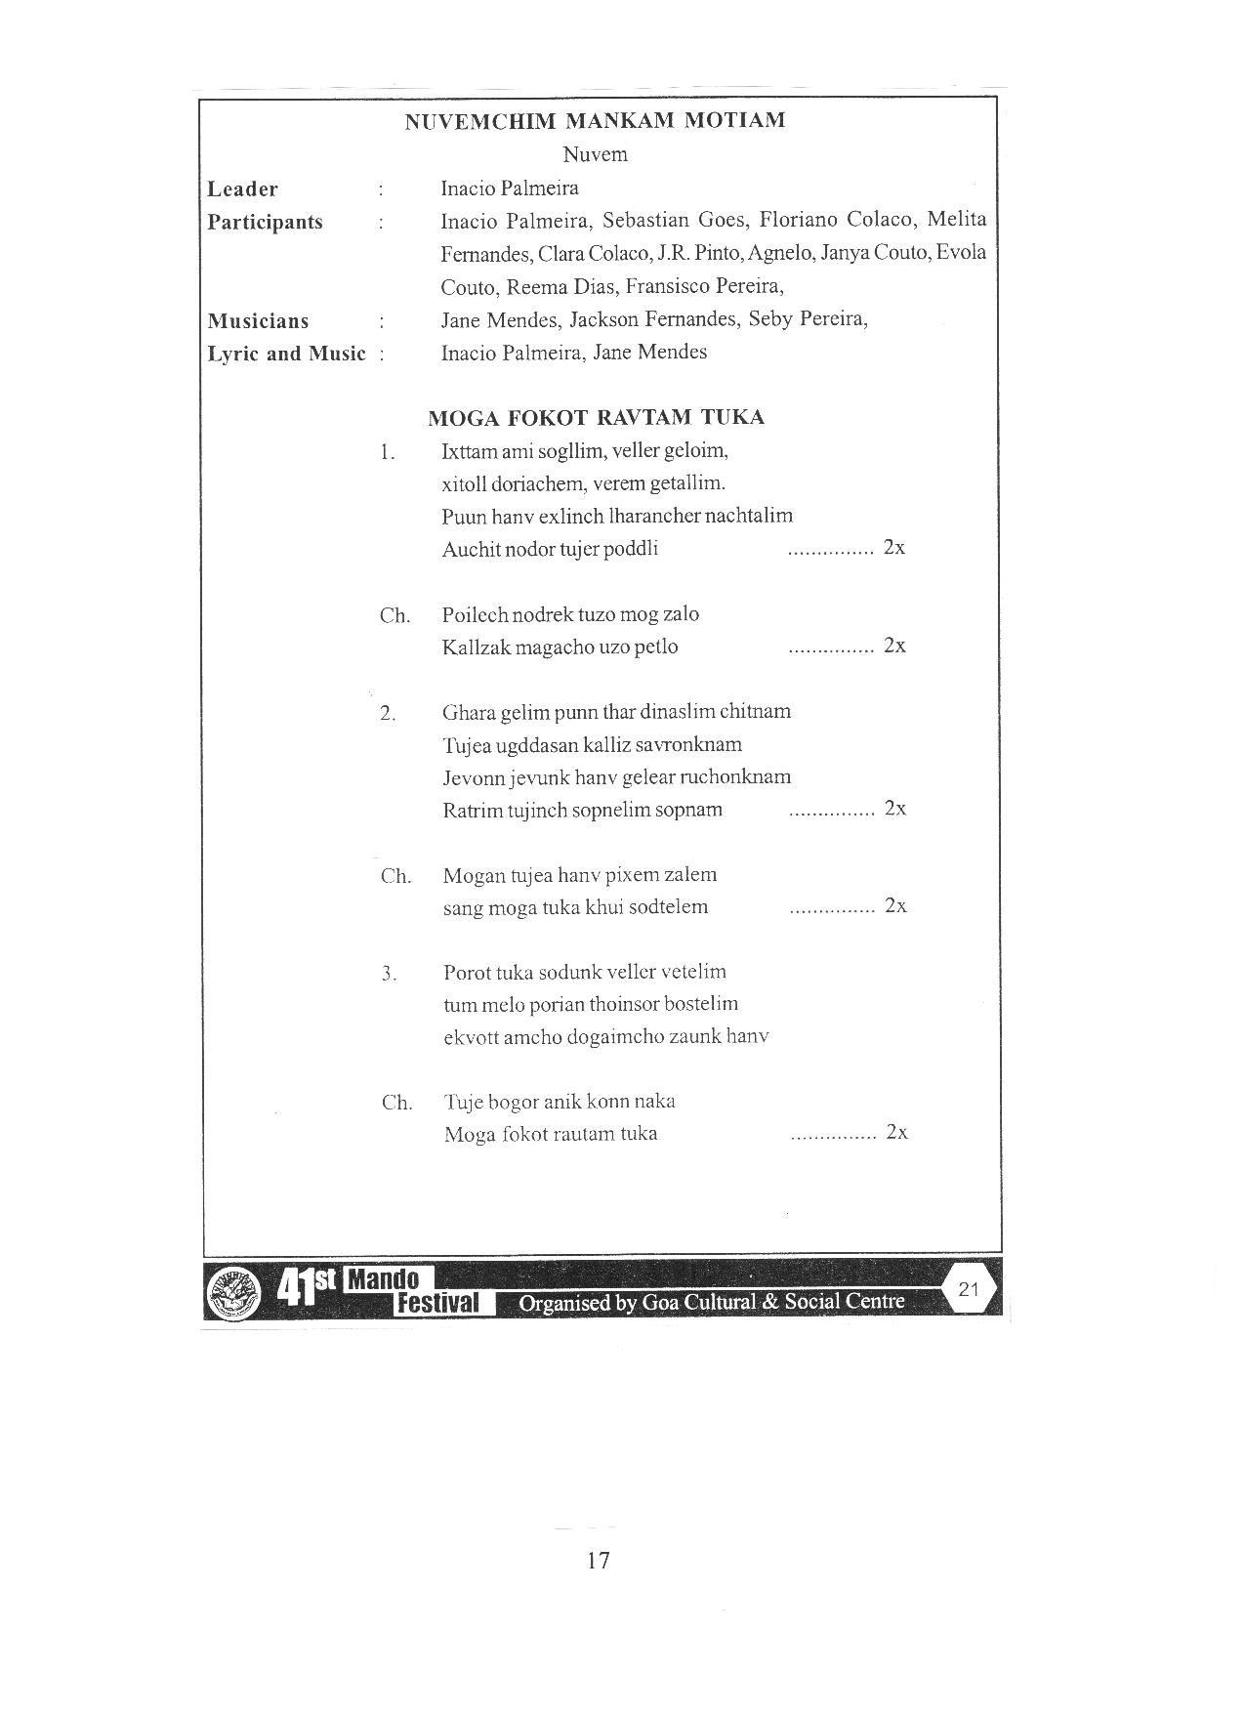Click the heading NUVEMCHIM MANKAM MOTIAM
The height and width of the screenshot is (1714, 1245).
click(x=595, y=121)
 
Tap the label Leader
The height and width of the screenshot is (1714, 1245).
click(x=242, y=189)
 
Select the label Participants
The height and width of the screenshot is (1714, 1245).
click(x=265, y=222)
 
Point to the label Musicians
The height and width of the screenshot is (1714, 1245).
click(x=258, y=321)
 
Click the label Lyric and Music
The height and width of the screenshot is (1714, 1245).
click(x=286, y=354)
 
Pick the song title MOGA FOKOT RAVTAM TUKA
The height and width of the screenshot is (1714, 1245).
click(x=596, y=418)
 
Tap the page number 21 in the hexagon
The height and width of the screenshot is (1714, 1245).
click(x=969, y=1289)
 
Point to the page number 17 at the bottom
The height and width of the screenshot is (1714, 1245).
click(x=599, y=1560)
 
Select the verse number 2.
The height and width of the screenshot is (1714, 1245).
click(x=388, y=714)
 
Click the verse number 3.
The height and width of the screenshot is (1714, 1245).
click(x=389, y=974)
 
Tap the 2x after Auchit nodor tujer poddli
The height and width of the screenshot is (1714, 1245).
click(x=893, y=548)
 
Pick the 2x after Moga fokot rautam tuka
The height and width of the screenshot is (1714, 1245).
click(x=896, y=1133)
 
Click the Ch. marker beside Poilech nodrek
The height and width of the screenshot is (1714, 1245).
click(x=394, y=616)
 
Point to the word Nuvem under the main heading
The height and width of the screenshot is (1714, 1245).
click(x=595, y=154)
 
